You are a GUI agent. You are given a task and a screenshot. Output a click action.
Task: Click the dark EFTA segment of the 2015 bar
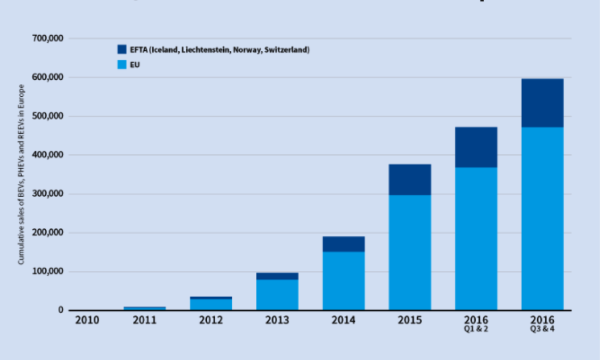(x=410, y=179)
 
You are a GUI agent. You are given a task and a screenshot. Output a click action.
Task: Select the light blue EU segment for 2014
(x=343, y=280)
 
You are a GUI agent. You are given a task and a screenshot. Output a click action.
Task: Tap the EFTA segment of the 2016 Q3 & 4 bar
(x=543, y=103)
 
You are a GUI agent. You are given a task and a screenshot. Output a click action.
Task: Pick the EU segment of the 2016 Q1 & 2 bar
(x=476, y=239)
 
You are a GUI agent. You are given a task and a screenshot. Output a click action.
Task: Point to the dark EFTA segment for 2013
(x=277, y=276)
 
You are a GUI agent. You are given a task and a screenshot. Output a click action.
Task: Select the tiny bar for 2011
(x=145, y=308)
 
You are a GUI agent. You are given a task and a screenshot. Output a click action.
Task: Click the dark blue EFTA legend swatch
(x=122, y=49)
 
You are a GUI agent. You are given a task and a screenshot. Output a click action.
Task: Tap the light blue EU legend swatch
(x=122, y=64)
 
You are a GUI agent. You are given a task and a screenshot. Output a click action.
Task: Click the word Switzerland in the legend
(x=287, y=50)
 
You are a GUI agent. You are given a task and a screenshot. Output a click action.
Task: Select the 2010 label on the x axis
(x=87, y=320)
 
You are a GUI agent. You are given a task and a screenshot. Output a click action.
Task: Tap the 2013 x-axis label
(x=277, y=320)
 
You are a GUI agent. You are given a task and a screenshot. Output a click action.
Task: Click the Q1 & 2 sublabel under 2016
(x=476, y=329)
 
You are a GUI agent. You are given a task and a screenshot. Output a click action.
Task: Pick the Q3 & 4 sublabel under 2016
(x=543, y=329)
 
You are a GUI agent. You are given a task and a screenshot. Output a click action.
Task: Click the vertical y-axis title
(x=22, y=174)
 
